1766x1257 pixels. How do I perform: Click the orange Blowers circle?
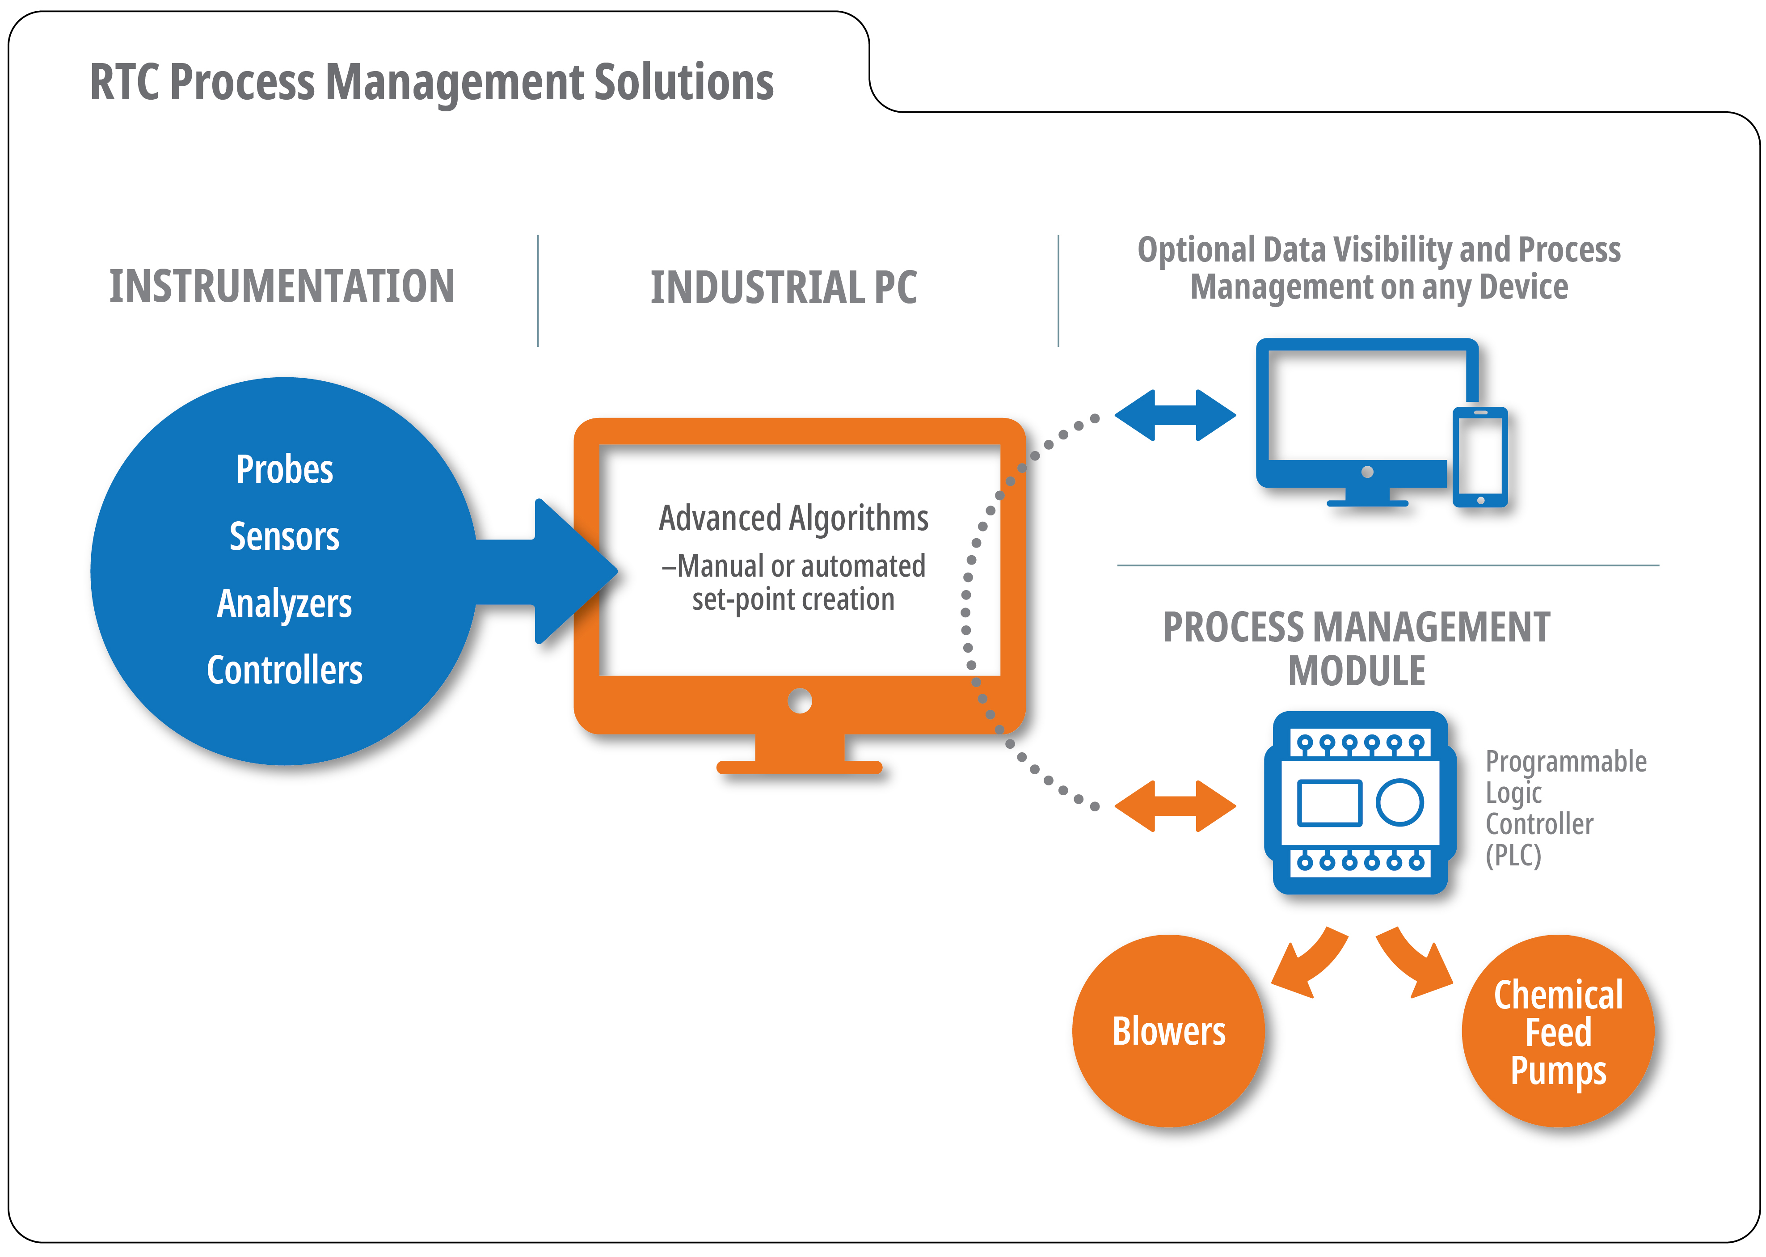click(x=1168, y=1030)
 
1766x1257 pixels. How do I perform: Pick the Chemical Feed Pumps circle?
click(x=1558, y=1030)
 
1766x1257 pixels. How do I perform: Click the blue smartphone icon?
click(x=1479, y=457)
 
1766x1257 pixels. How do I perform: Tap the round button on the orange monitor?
click(x=800, y=701)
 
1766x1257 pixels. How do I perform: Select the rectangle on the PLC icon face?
click(x=1330, y=803)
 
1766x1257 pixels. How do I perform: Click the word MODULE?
click(x=1357, y=671)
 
